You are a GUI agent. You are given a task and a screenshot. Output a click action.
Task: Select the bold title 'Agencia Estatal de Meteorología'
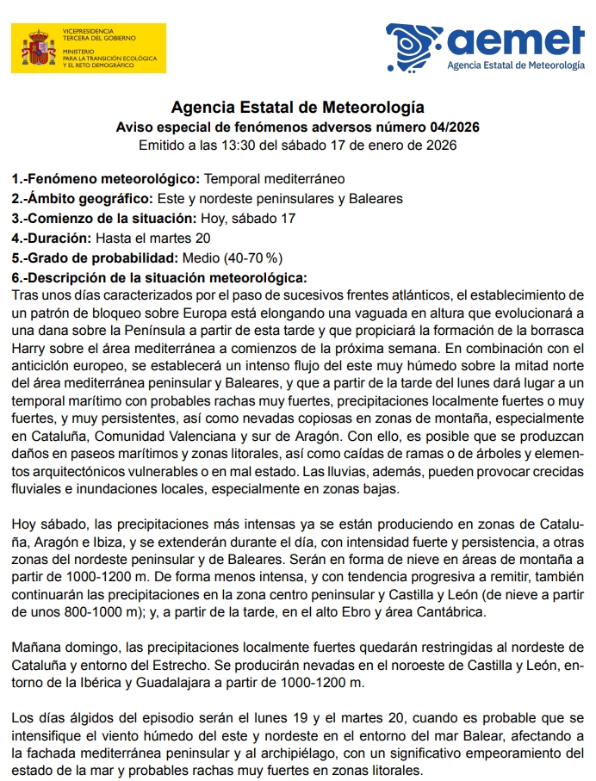tap(297, 108)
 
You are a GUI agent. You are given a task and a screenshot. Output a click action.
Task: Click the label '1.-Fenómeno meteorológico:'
tap(105, 179)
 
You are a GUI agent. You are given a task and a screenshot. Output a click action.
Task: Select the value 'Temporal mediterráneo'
tap(274, 179)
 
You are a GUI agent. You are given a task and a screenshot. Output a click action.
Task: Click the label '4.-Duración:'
tap(51, 238)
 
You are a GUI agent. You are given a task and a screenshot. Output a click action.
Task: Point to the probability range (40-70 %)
tap(253, 257)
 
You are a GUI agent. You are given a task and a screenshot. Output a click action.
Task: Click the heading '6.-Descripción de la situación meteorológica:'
tap(158, 277)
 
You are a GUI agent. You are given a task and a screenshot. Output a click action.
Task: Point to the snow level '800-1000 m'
tap(75, 612)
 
